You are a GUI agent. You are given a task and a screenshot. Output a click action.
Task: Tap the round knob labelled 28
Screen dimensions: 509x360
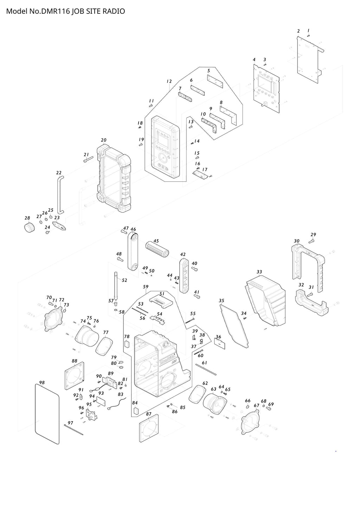click(x=30, y=227)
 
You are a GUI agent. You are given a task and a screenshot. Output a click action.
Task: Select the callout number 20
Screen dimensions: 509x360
click(x=103, y=140)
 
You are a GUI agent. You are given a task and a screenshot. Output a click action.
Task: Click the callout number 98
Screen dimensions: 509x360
click(x=42, y=382)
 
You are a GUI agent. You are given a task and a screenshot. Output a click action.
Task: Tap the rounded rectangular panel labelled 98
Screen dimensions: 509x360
click(x=47, y=413)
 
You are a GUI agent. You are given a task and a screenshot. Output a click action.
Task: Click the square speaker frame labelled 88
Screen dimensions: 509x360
click(x=75, y=376)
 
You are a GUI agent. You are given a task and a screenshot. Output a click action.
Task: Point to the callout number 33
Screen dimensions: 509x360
click(x=259, y=272)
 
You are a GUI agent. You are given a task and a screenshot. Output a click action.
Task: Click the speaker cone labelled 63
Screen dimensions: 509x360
click(x=216, y=404)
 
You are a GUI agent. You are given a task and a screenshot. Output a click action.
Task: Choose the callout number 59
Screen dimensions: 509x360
click(x=146, y=287)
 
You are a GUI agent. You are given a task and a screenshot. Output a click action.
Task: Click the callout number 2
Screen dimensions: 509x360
click(x=298, y=31)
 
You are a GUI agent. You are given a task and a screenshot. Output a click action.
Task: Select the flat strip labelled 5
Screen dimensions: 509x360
click(x=215, y=81)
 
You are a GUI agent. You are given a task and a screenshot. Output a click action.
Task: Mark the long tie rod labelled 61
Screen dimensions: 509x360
click(x=206, y=369)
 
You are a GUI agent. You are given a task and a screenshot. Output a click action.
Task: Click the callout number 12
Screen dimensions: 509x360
click(x=169, y=81)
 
